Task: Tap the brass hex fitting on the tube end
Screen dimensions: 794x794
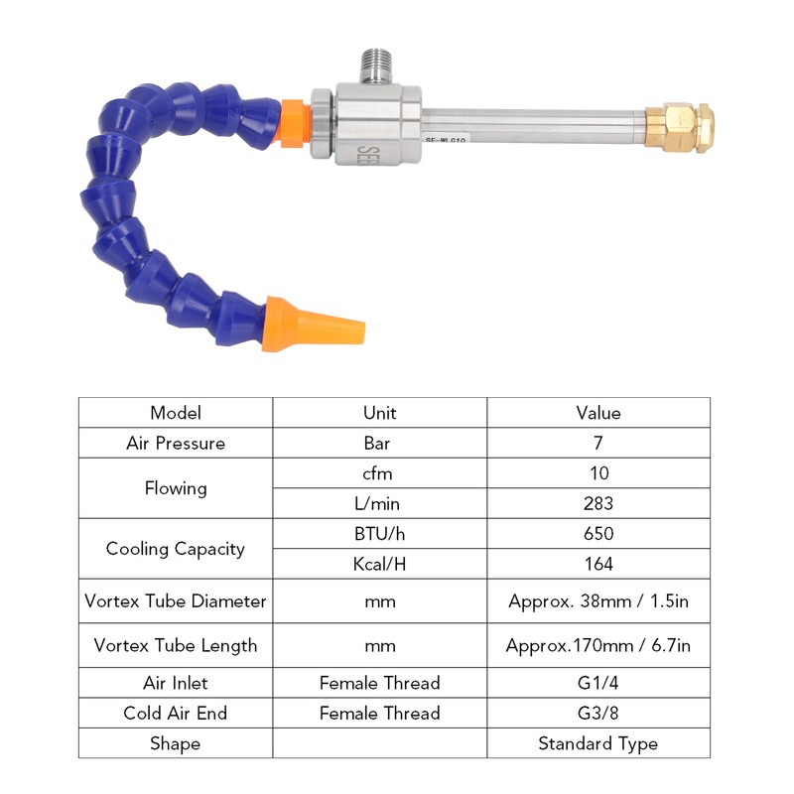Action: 679,128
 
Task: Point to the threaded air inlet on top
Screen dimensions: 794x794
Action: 375,66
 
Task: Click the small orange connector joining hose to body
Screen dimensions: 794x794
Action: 294,123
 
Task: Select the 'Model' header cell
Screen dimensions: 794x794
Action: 176,413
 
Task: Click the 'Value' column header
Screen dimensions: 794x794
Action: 598,413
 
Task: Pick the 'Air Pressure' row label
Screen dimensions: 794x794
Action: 176,443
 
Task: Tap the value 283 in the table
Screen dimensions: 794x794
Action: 598,503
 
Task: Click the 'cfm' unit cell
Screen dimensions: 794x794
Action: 377,473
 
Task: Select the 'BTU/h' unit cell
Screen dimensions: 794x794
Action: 379,534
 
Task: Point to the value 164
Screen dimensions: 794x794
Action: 598,564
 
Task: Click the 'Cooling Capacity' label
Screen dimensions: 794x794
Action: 176,549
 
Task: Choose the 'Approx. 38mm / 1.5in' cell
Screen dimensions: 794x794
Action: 598,601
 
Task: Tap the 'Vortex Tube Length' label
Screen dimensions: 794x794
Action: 176,646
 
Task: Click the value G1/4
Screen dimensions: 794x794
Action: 598,683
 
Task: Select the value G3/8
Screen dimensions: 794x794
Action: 598,713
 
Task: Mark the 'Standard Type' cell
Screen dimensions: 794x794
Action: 598,743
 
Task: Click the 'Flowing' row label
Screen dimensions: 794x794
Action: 176,488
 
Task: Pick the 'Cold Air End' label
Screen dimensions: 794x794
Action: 176,713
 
